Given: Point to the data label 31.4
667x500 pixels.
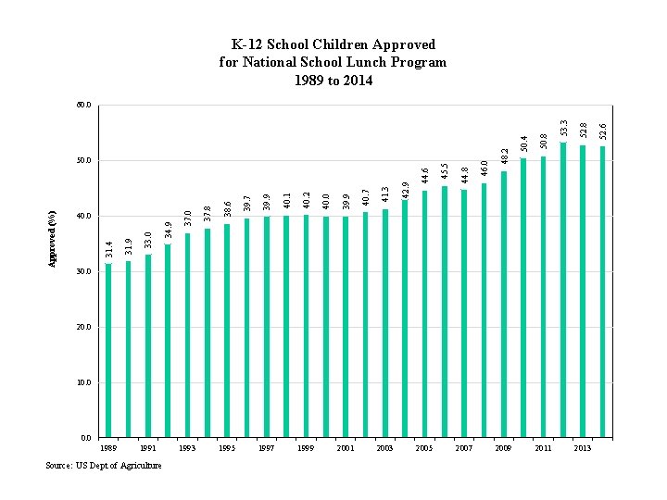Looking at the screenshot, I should (108, 248).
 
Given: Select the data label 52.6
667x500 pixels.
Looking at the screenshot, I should (602, 131).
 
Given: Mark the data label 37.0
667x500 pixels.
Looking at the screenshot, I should (187, 218).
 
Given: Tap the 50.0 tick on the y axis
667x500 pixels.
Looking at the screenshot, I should (84, 160).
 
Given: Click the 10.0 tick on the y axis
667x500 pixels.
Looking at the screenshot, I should (84, 382).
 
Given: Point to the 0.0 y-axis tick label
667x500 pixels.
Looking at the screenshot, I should (86, 438).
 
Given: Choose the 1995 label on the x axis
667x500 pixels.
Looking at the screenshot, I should (227, 448).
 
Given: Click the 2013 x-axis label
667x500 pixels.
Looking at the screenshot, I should (583, 448).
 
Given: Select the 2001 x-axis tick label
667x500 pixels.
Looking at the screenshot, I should (346, 448).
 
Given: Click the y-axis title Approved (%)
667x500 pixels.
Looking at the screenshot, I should (53, 239).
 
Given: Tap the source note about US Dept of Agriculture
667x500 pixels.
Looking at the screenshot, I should (104, 465).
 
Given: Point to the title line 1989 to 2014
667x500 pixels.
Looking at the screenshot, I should (333, 81).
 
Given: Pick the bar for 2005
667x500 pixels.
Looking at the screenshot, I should (425, 314).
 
